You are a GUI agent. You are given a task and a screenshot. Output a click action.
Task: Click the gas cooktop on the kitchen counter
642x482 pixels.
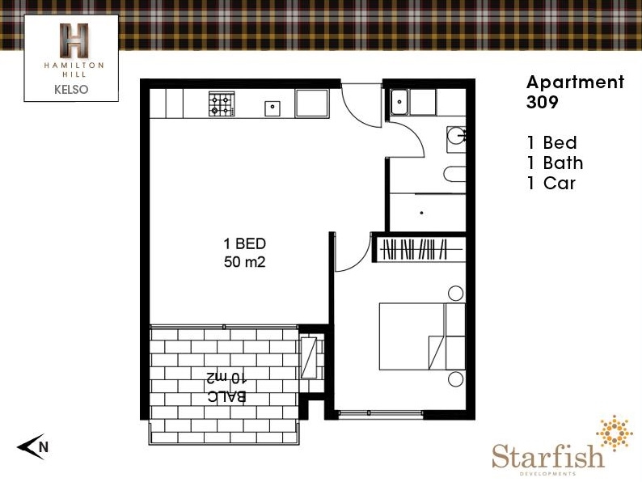(222, 104)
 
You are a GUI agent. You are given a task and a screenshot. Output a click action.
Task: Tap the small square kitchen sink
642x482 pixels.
(272, 108)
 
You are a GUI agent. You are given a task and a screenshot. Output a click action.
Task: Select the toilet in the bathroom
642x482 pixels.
(454, 174)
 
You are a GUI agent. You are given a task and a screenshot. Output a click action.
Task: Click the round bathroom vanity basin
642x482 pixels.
(456, 136)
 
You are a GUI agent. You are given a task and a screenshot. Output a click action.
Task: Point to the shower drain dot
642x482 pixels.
(422, 213)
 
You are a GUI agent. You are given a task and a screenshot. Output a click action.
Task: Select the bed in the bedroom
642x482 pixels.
(422, 336)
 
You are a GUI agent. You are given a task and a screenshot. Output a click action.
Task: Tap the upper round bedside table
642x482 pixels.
(455, 294)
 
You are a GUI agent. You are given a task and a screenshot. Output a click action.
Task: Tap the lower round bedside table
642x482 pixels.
(455, 378)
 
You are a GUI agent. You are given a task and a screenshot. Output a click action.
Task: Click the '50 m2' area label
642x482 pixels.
(245, 262)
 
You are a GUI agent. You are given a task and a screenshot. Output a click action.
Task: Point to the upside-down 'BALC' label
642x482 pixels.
(227, 396)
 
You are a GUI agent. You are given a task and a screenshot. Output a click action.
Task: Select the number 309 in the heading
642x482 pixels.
(542, 103)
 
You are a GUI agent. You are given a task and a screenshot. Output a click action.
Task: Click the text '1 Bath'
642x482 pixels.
(555, 163)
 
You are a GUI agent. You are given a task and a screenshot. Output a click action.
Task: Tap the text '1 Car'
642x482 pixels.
(551, 183)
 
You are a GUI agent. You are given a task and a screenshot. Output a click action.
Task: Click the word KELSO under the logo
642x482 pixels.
(71, 89)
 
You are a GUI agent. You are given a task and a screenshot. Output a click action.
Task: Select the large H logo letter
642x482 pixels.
(74, 40)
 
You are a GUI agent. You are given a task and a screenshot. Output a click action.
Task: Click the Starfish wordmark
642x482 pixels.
(548, 456)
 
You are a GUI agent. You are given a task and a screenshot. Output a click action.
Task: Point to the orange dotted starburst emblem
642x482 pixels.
(615, 433)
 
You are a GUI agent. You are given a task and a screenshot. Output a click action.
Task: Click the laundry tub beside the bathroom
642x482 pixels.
(399, 102)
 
